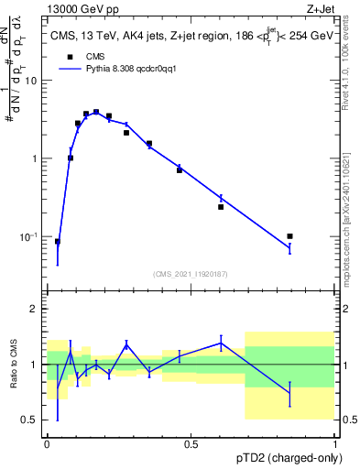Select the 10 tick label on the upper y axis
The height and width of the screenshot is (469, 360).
(x=32, y=81)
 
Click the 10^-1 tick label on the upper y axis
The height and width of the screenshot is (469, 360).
(x=30, y=236)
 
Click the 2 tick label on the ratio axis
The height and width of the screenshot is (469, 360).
(x=34, y=309)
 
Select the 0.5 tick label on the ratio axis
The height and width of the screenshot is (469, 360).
(x=31, y=420)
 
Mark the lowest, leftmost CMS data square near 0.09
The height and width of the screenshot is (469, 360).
(x=58, y=242)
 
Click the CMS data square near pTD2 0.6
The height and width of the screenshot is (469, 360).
(x=221, y=207)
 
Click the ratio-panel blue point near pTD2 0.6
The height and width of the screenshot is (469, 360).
(x=221, y=343)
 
